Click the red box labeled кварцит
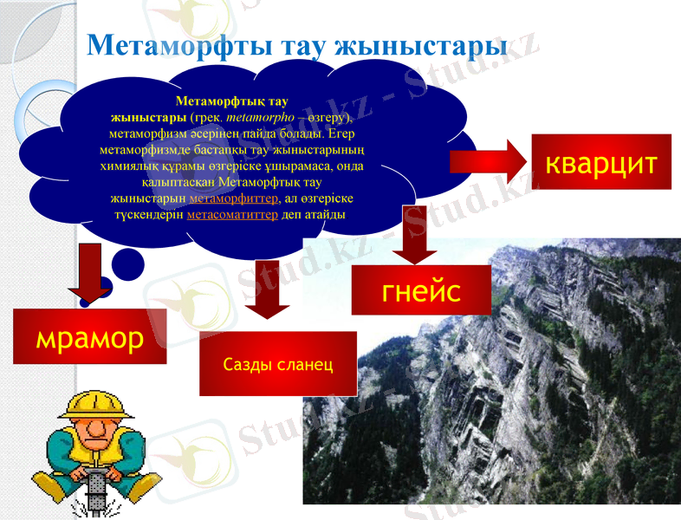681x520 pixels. coord(600,161)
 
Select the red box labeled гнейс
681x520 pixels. coord(421,289)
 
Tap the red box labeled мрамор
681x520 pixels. coord(89,337)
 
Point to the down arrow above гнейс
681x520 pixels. coord(413,234)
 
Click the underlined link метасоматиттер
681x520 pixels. coord(232,215)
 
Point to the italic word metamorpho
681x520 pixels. coord(256,116)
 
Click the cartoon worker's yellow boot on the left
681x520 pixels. coord(50,487)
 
